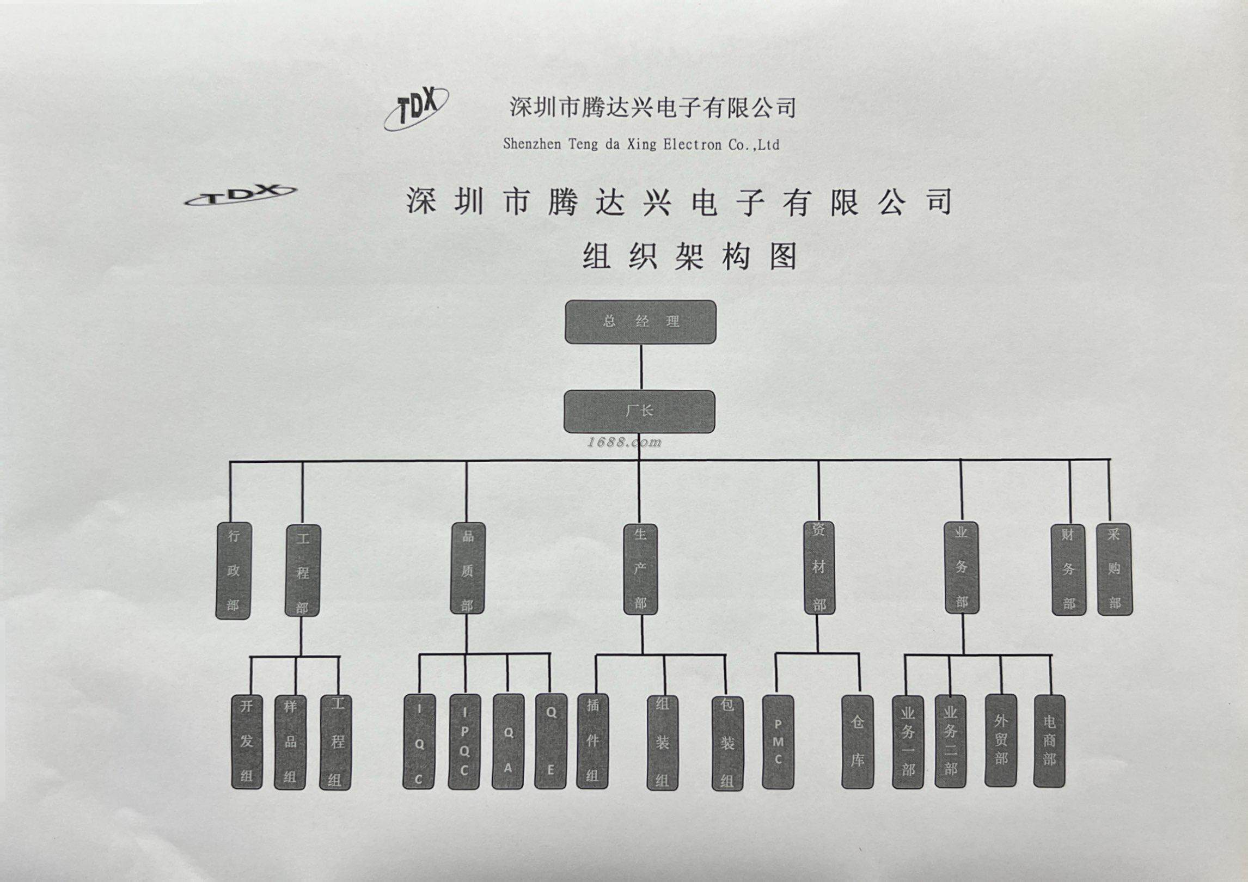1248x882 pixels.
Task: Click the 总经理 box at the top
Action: (640, 322)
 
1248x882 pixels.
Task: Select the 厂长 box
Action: (639, 412)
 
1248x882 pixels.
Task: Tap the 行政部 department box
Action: (233, 571)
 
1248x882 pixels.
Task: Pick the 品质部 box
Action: (467, 569)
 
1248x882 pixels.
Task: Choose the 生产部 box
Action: (640, 569)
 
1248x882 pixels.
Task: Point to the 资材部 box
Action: (819, 568)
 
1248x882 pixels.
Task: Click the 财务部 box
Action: (1068, 569)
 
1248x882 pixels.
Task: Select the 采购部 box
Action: (1114, 569)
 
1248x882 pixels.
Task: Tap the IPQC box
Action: (464, 742)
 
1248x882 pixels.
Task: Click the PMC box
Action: (778, 742)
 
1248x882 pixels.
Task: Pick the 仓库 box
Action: (857, 742)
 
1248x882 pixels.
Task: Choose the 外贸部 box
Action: (1001, 740)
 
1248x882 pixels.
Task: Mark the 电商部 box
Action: (1049, 740)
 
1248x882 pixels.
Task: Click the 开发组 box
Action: (247, 742)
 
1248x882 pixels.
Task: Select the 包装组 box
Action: (727, 743)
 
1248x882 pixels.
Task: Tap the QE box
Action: (550, 740)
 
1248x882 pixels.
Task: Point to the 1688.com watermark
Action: (624, 443)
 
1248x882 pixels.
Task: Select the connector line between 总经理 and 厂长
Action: (641, 367)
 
